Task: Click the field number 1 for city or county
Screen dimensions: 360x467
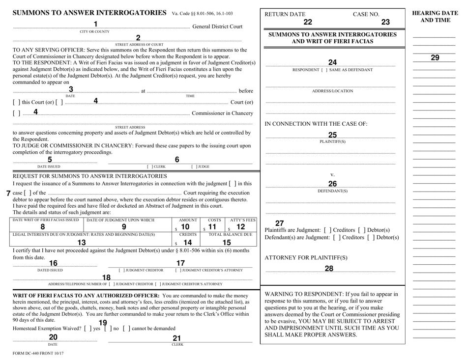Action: coord(97,24)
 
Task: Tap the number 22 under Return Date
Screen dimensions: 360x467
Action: coord(308,21)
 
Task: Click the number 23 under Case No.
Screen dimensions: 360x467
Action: coord(386,21)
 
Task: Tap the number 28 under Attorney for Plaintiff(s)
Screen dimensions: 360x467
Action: coord(329,268)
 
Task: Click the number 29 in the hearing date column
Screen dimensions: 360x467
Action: coord(435,57)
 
